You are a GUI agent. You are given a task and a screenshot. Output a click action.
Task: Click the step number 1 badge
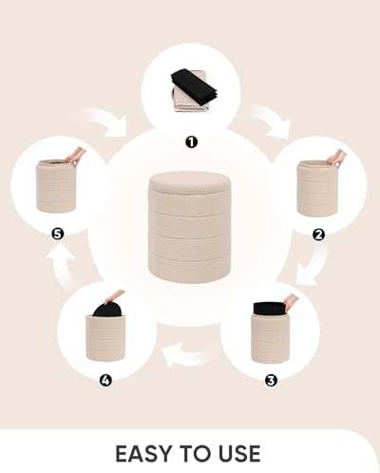pyautogui.click(x=191, y=142)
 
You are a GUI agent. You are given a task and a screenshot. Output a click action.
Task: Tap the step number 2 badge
pyautogui.click(x=318, y=235)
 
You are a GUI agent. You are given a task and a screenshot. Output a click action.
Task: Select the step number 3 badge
pyautogui.click(x=271, y=380)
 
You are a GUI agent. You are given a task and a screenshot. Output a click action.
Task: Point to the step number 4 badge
pyautogui.click(x=105, y=380)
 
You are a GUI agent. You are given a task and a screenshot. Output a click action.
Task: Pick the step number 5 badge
pyautogui.click(x=58, y=235)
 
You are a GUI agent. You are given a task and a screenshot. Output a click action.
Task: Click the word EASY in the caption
pyautogui.click(x=143, y=454)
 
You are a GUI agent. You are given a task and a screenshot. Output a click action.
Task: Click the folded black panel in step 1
pyautogui.click(x=194, y=84)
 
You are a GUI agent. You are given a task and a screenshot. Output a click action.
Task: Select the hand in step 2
pyautogui.click(x=336, y=158)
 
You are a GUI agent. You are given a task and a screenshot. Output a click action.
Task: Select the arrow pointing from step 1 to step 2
pyautogui.click(x=271, y=122)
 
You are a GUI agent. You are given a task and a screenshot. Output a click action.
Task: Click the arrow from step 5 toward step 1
pyautogui.click(x=106, y=122)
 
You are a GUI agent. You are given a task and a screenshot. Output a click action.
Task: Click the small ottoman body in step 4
pyautogui.click(x=105, y=337)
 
